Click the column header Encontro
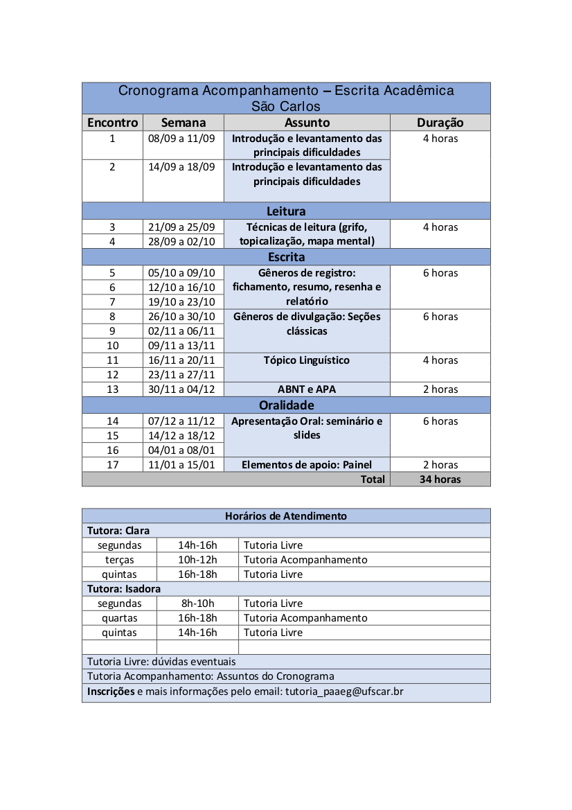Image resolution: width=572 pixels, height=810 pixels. pyautogui.click(x=112, y=123)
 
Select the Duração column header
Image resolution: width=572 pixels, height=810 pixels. pyautogui.click(x=440, y=123)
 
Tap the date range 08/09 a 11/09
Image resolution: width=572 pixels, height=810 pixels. pyautogui.click(x=181, y=138)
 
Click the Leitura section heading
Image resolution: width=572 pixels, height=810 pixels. pyautogui.click(x=286, y=211)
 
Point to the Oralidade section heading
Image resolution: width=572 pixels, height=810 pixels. pyautogui.click(x=286, y=405)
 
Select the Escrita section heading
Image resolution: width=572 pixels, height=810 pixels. pyautogui.click(x=286, y=257)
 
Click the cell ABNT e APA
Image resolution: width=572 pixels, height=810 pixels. pyautogui.click(x=306, y=389)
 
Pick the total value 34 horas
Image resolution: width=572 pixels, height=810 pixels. pyautogui.click(x=440, y=479)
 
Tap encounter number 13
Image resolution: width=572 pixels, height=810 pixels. pyautogui.click(x=112, y=389)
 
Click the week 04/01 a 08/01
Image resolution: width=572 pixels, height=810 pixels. pyautogui.click(x=181, y=450)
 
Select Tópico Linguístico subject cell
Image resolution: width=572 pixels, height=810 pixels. pyautogui.click(x=306, y=360)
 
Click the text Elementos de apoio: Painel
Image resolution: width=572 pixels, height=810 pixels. pyautogui.click(x=306, y=465)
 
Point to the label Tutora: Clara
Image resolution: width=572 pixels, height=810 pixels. pyautogui.click(x=118, y=531)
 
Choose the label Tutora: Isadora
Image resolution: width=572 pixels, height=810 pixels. pyautogui.click(x=124, y=589)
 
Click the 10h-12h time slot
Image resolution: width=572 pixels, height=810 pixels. pyautogui.click(x=197, y=560)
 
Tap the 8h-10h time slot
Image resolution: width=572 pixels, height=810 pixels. pyautogui.click(x=197, y=604)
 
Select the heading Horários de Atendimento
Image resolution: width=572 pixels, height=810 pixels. pyautogui.click(x=286, y=516)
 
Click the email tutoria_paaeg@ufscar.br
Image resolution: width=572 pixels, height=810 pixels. pyautogui.click(x=344, y=692)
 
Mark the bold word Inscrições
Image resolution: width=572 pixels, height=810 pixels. pyautogui.click(x=111, y=692)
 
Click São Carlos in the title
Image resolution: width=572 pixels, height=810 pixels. pyautogui.click(x=286, y=106)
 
